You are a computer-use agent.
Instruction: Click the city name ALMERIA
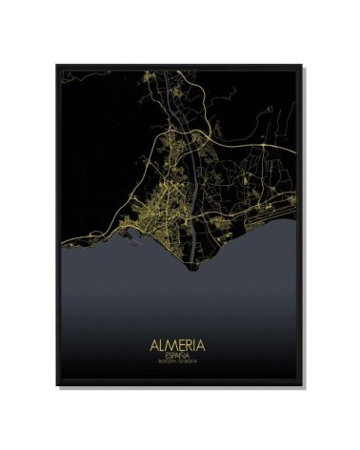point(179,339)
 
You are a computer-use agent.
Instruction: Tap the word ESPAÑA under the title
point(179,352)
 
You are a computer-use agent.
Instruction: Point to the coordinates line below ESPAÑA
point(179,359)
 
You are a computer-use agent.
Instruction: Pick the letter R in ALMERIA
point(190,339)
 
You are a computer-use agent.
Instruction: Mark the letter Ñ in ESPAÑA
point(187,352)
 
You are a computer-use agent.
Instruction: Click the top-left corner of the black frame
point(48,63)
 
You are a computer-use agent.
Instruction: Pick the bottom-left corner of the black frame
point(48,386)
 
